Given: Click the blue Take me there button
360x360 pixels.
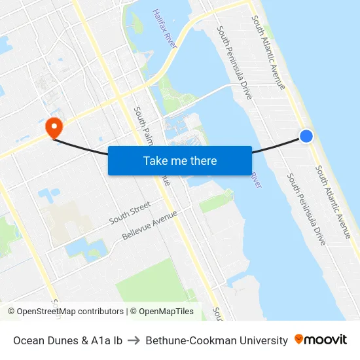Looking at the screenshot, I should (x=180, y=160).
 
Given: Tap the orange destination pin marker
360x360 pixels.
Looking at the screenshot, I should (x=52, y=126).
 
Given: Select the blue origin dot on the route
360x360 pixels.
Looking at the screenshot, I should (x=306, y=135).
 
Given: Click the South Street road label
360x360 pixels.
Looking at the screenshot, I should (x=130, y=213).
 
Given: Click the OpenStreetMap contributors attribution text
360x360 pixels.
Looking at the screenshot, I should (x=70, y=312).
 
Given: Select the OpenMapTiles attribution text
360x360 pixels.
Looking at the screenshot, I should (x=164, y=312).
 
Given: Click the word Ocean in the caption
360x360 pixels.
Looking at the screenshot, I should (x=29, y=340).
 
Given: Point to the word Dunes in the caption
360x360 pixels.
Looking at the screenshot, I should (x=62, y=340).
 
